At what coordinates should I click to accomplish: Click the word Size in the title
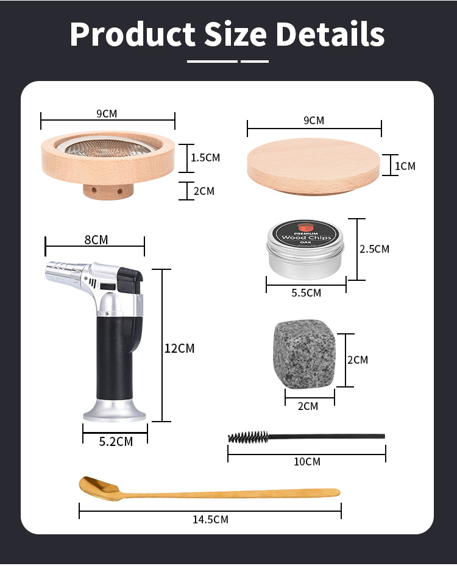coord(236,34)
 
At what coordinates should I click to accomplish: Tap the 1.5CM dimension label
coord(205,158)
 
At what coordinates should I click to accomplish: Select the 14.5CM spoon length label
coord(210,520)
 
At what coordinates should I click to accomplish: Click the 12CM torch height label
coord(179,348)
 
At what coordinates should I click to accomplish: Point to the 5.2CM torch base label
coord(116,442)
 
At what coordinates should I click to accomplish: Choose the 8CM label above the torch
coord(96,239)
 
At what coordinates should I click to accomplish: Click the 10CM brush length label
coord(307,462)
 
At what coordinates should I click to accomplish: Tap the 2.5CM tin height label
coord(374,249)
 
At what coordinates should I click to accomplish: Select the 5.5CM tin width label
coord(306,292)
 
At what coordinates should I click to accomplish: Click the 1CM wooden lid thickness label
coord(405,166)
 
